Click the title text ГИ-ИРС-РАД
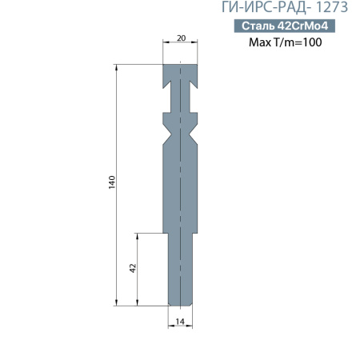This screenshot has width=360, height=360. click(x=261, y=10)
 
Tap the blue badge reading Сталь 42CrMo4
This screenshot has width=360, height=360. click(x=285, y=26)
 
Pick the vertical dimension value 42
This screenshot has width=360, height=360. click(x=133, y=269)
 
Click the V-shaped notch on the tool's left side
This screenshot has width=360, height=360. click(x=166, y=126)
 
